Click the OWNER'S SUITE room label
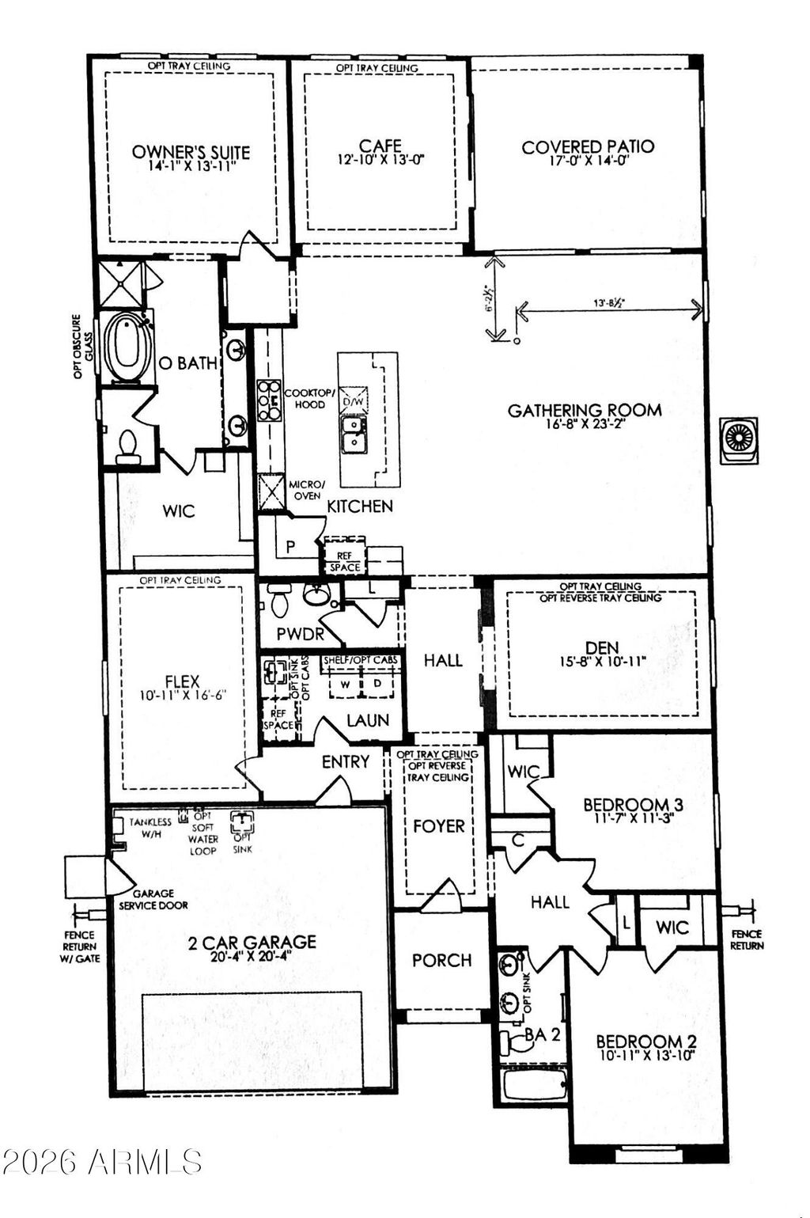point(191,152)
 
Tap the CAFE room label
point(380,146)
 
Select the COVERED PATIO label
point(588,146)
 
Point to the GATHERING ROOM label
point(585,410)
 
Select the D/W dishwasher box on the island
point(354,402)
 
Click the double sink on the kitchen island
point(354,434)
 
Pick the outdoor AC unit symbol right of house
point(739,439)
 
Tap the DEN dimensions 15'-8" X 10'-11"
point(603,660)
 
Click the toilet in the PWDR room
point(279,603)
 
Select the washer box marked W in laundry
point(344,683)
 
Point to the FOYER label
point(439,826)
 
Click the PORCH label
point(441,960)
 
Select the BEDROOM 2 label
point(645,1042)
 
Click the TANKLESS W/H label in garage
point(150,828)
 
